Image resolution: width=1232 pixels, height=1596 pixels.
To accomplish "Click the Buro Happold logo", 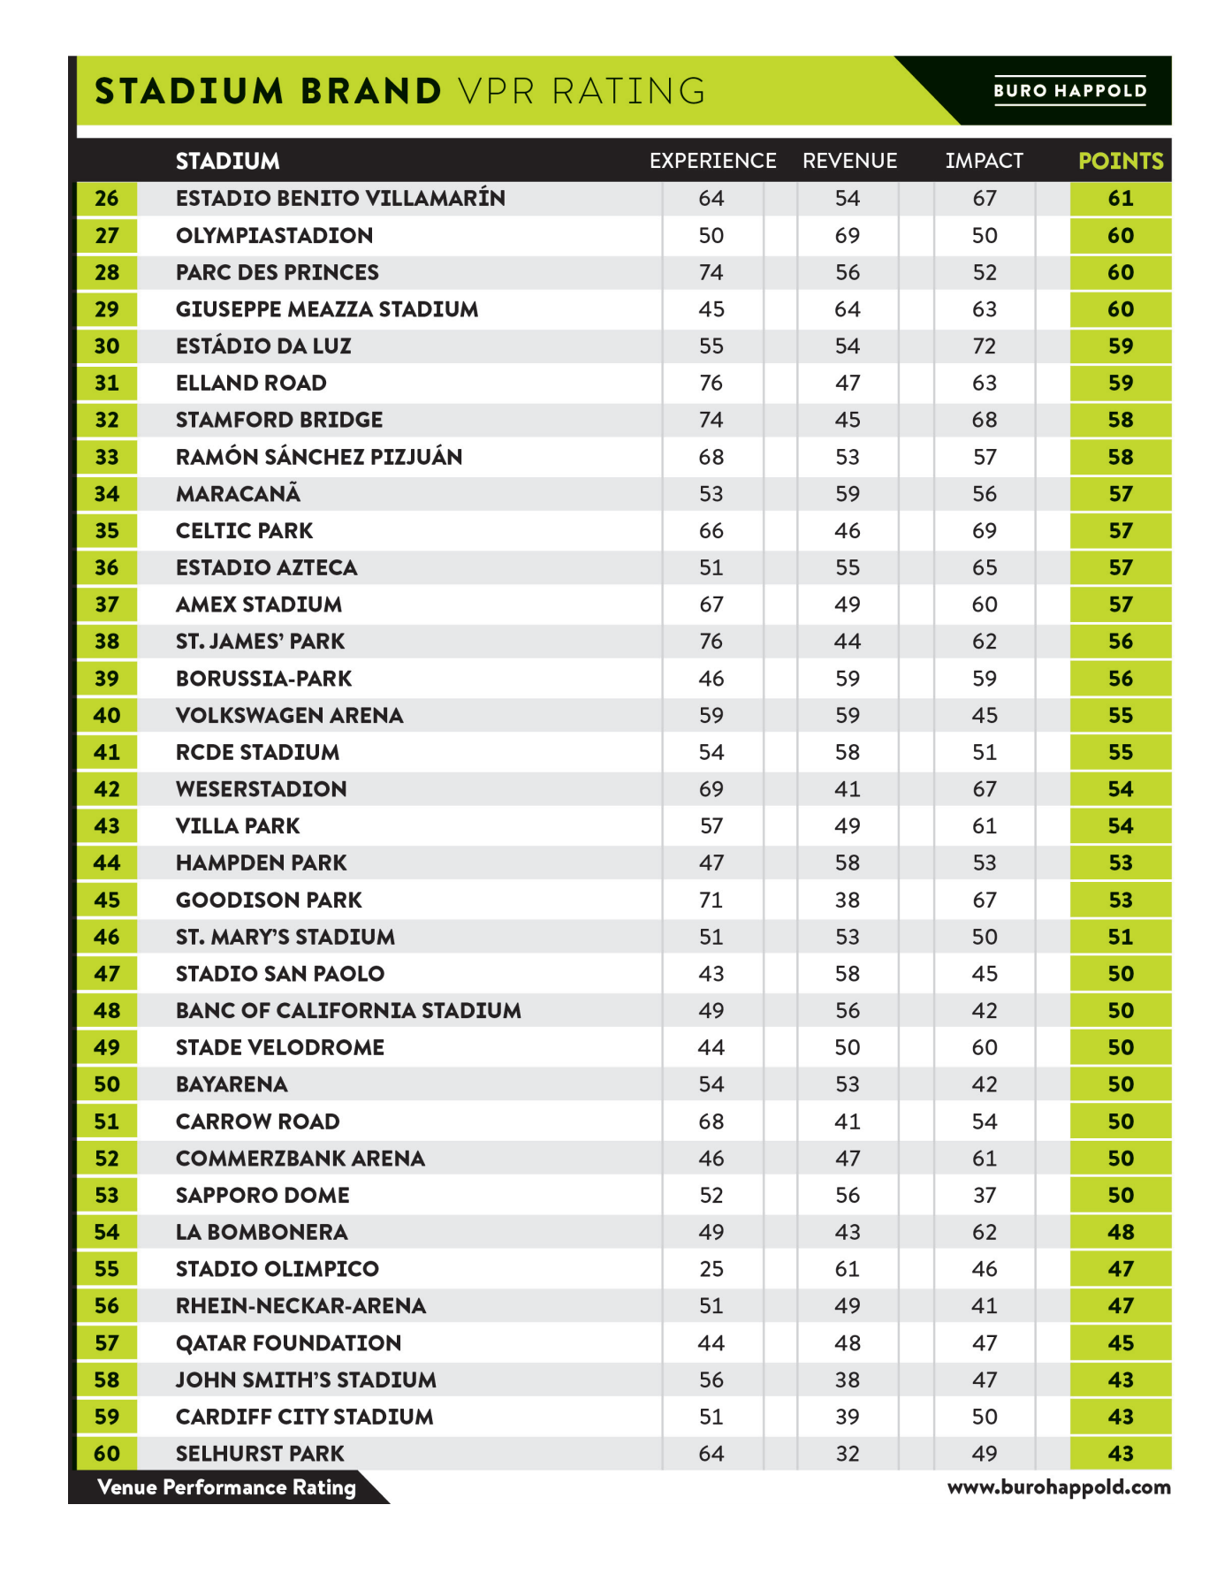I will tap(1069, 90).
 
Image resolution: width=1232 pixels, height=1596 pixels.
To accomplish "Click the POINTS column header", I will tap(1120, 161).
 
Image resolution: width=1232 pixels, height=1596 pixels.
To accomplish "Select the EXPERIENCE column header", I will tap(712, 161).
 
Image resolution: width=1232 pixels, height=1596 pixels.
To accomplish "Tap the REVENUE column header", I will tap(849, 161).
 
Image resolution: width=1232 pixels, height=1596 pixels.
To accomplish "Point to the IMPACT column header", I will tap(984, 161).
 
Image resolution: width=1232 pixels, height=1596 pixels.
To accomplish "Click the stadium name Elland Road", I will tap(251, 383).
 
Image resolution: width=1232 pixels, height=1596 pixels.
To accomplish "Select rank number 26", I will tap(107, 198).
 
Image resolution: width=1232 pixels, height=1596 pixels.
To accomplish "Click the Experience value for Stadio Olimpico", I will tap(711, 1269).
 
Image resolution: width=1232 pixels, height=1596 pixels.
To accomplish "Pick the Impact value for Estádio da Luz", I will tap(984, 346).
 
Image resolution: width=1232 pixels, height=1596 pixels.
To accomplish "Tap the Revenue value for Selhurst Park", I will tap(847, 1454).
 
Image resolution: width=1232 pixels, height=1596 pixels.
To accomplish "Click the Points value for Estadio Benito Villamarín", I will tap(1120, 198).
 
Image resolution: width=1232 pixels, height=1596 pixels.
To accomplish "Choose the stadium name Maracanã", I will tap(238, 494).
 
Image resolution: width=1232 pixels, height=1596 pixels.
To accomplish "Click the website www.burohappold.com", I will tap(1059, 1487).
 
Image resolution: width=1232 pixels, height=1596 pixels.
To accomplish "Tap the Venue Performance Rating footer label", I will tap(226, 1487).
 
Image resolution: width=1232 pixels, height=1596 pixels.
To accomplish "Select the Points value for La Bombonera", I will tap(1120, 1232).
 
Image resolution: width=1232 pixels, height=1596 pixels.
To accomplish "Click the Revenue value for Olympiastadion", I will tap(847, 235).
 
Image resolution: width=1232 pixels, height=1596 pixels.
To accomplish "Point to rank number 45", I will tap(107, 900).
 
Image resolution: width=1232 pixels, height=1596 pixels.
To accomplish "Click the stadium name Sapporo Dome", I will tap(262, 1195).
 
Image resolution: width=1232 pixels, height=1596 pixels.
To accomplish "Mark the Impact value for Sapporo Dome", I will tap(984, 1195).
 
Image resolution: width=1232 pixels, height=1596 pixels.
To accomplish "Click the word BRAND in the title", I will tap(370, 91).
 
